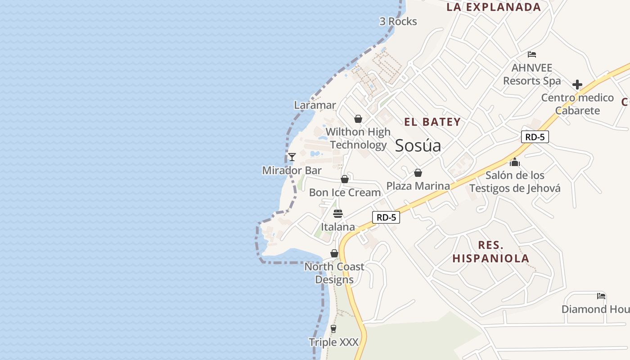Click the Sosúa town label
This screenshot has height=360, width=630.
418,145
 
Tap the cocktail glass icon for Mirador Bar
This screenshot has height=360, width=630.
292,157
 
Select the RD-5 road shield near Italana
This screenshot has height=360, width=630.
386,217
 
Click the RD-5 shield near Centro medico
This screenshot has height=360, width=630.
535,137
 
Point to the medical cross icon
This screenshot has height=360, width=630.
577,84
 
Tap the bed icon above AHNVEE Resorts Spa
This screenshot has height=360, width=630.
532,54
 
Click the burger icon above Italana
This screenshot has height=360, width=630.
338,213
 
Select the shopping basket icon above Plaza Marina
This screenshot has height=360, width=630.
418,173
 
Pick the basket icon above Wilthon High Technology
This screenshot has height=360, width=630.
358,119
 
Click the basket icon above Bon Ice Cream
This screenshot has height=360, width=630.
345,179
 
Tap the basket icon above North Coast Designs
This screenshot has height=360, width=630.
334,253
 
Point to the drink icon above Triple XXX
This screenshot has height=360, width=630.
333,329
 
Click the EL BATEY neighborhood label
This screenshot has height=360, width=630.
432,121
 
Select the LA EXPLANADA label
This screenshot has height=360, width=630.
493,7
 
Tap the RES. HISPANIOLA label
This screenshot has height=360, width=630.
490,252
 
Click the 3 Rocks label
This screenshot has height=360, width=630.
398,21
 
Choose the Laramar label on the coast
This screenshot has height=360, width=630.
315,105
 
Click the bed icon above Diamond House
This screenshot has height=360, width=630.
601,296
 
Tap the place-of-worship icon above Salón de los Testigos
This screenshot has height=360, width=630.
515,162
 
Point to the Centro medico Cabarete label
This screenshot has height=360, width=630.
577,104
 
